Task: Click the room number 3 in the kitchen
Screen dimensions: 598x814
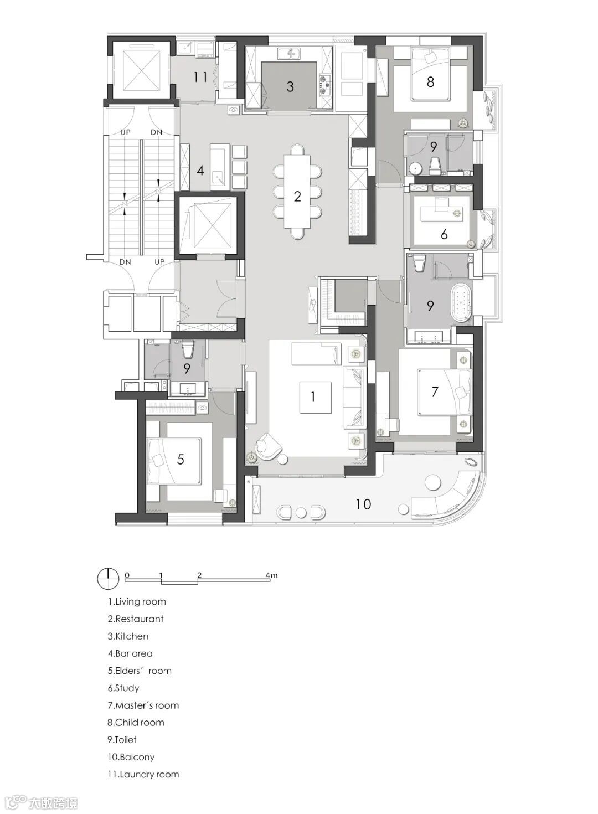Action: (x=290, y=86)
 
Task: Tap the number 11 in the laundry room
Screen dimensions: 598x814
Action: (x=200, y=77)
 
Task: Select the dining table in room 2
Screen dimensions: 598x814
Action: (x=297, y=191)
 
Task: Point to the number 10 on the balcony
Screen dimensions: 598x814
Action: (x=363, y=504)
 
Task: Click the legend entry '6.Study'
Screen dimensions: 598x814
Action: (x=123, y=688)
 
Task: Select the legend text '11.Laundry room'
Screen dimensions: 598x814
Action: (x=143, y=774)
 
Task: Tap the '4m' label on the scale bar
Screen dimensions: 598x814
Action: (x=271, y=575)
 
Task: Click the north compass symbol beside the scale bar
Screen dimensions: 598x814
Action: (x=108, y=578)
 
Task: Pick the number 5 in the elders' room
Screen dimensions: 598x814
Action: (x=181, y=460)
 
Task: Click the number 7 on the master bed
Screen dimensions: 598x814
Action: (x=435, y=391)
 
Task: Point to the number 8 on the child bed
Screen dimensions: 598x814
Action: (x=430, y=82)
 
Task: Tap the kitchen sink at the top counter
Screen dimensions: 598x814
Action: (x=290, y=54)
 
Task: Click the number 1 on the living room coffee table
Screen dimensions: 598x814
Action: (x=313, y=397)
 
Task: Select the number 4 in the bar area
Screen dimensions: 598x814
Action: (x=200, y=171)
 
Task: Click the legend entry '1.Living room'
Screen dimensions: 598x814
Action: (x=137, y=602)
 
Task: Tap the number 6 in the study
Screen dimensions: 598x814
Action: (x=444, y=234)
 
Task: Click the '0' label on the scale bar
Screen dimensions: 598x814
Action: (x=127, y=575)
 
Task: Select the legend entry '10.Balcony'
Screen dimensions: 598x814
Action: (x=131, y=757)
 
